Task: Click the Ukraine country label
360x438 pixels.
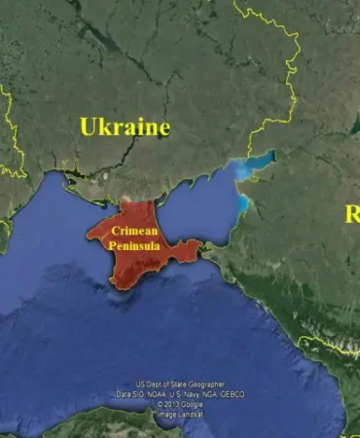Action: tap(125, 127)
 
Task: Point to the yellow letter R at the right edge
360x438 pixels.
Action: tap(352, 214)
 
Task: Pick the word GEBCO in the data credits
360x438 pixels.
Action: tap(231, 394)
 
